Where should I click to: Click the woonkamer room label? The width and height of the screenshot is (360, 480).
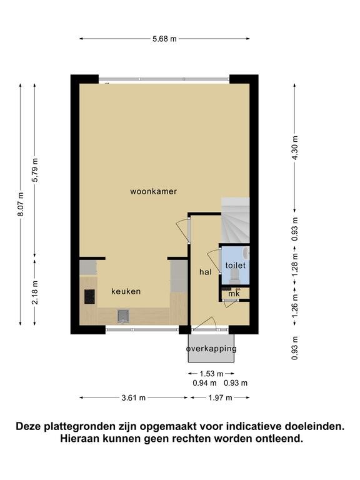click(x=153, y=191)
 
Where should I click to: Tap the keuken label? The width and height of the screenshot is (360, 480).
click(x=126, y=291)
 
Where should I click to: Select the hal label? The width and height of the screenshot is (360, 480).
click(x=206, y=271)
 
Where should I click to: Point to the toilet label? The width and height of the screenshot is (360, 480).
click(x=236, y=265)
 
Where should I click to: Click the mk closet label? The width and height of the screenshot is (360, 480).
click(x=234, y=294)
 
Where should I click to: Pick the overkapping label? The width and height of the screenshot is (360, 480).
click(x=211, y=349)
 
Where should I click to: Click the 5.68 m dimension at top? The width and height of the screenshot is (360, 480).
click(x=165, y=39)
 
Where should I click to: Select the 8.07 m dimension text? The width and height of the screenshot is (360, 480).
click(x=21, y=204)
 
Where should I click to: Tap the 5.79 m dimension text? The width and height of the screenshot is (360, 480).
click(x=34, y=170)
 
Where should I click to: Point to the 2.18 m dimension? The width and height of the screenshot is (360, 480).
click(x=35, y=292)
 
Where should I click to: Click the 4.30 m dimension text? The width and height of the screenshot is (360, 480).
click(x=294, y=147)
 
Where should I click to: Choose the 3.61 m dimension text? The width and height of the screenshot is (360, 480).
click(x=134, y=397)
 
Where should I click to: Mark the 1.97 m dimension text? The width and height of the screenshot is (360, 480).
click(x=220, y=397)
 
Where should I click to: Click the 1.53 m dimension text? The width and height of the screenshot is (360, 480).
click(x=211, y=374)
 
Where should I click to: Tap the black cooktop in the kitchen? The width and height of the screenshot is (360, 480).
click(x=90, y=297)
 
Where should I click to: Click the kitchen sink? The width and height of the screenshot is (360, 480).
click(x=123, y=316)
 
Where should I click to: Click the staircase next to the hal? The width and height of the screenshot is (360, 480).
click(x=235, y=221)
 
